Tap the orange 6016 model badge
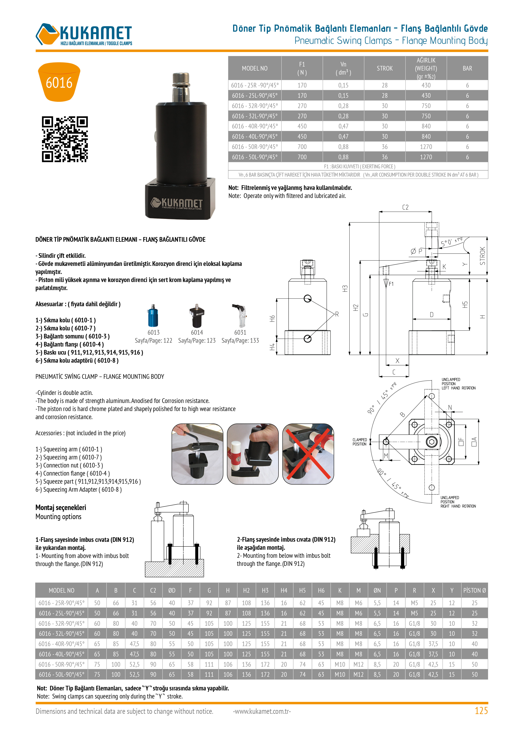coord(59,82)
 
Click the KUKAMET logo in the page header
coord(84,34)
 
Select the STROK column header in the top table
coord(384,68)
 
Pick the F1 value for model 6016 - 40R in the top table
coord(302,126)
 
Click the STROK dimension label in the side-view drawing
coord(483,256)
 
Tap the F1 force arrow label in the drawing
coord(391,284)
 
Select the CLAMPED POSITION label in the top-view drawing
coord(359,442)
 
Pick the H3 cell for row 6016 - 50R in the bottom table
coord(265,664)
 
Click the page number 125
coord(481,711)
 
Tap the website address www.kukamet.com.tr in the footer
coord(262,711)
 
